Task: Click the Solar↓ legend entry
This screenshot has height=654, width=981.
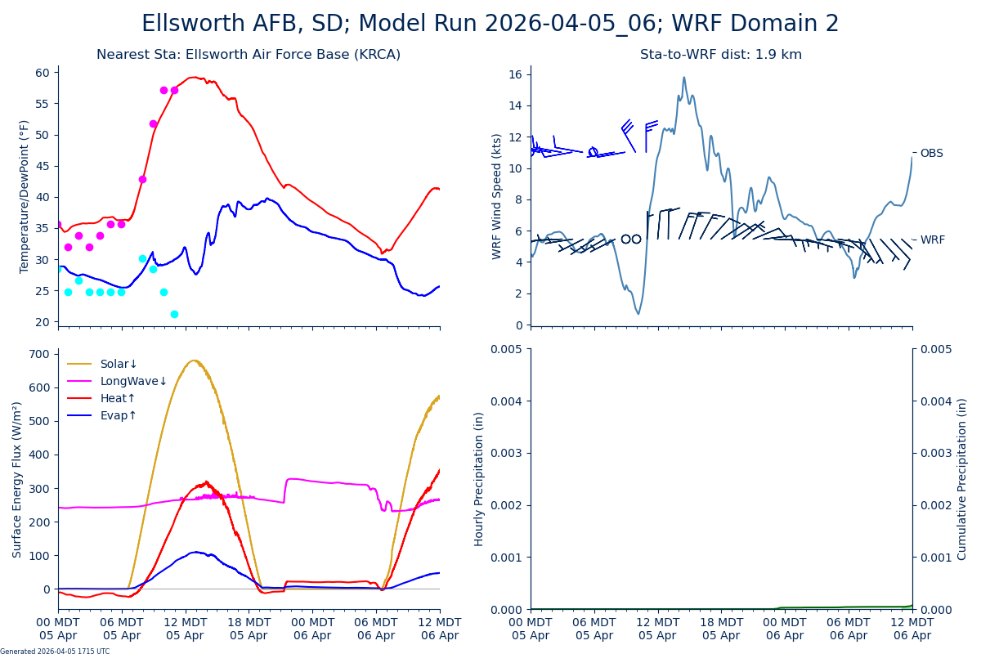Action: (x=119, y=365)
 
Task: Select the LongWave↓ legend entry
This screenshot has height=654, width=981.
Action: (x=133, y=382)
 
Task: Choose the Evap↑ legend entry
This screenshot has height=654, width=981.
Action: (x=119, y=416)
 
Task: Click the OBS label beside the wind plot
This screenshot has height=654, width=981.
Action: (x=931, y=154)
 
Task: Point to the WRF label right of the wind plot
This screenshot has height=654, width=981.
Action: (x=932, y=240)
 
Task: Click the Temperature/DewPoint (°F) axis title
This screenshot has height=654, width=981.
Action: (x=25, y=196)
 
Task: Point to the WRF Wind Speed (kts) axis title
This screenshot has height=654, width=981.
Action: (x=497, y=196)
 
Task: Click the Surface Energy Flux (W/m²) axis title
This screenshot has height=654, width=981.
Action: (x=17, y=480)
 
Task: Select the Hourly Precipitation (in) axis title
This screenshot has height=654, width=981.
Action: (x=479, y=479)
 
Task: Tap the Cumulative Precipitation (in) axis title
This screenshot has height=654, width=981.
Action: (x=962, y=479)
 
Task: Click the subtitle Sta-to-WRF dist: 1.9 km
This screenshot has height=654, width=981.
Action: (x=721, y=55)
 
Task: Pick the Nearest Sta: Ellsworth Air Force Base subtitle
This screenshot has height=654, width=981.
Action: (x=249, y=55)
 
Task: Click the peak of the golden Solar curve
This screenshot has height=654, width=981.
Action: (x=194, y=361)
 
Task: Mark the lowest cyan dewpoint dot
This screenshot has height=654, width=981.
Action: (x=174, y=314)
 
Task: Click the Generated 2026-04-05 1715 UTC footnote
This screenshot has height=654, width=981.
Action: (x=55, y=651)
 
